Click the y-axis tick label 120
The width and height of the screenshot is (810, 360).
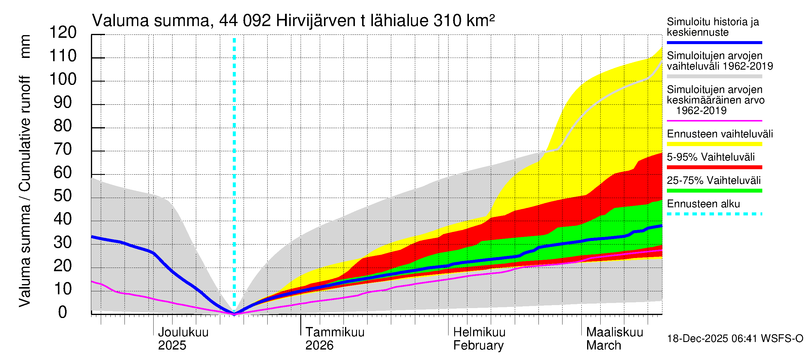63,32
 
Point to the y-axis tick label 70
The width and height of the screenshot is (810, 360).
63,149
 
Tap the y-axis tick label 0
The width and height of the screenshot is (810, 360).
63,312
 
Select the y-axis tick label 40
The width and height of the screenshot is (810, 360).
63,219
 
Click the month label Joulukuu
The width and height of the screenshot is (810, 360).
183,332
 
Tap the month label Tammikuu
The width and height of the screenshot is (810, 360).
335,332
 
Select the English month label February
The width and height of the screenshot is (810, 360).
478,346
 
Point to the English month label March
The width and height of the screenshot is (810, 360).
603,346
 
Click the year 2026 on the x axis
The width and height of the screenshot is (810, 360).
319,346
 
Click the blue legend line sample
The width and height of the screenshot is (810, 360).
714,42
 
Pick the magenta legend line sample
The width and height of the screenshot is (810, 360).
714,121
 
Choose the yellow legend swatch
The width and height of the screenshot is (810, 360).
714,144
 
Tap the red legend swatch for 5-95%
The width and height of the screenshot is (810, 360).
714,167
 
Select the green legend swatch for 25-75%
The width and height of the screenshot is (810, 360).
714,190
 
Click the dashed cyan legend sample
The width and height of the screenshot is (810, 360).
714,214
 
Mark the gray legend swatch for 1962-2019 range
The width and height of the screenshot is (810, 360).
714,76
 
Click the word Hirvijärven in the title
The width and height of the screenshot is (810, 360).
316,21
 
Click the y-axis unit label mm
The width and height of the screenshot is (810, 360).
25,46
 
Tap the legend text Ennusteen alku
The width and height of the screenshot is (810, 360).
703,204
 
